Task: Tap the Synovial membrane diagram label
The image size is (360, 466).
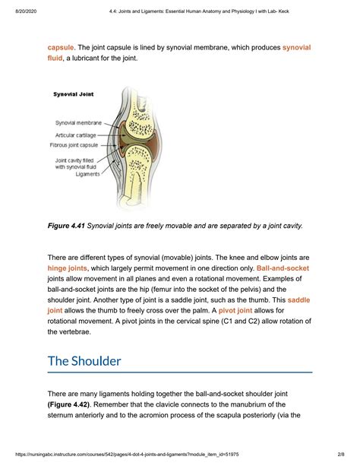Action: pyautogui.click(x=80, y=122)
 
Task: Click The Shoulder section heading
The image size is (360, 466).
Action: pyautogui.click(x=84, y=360)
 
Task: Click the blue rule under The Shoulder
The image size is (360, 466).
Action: pyautogui.click(x=180, y=372)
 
